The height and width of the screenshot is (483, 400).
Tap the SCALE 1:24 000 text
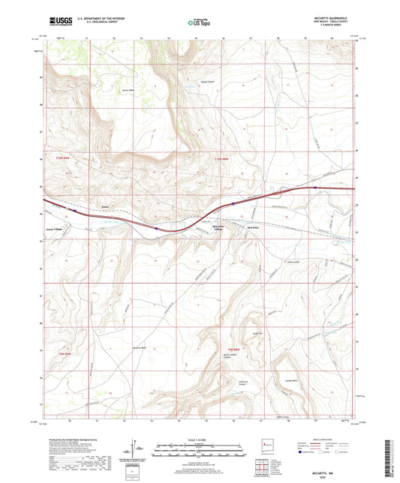pyautogui.click(x=199, y=439)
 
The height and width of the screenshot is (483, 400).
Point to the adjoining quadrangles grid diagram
pyautogui.click(x=265, y=469)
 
